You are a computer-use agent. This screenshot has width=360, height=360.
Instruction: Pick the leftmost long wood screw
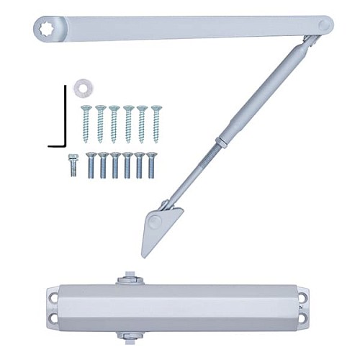click(86, 123)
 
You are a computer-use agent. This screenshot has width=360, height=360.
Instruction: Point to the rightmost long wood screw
click(156, 123)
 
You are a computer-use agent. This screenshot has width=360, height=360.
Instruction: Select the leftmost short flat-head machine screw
click(91, 165)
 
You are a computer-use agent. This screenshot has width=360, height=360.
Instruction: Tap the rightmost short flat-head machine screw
click(151, 165)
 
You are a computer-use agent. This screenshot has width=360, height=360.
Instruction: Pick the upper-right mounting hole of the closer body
click(305, 294)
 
